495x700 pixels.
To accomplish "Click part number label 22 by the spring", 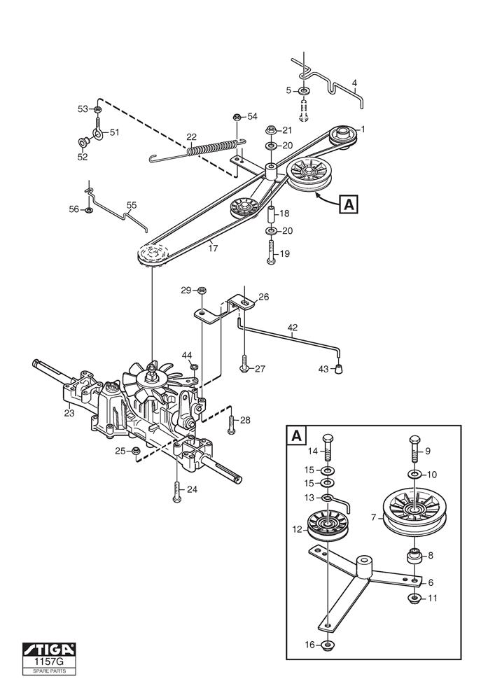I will point(191,136).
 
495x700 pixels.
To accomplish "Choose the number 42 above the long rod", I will point(293,326).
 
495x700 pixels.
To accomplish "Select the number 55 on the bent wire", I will point(131,206).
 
